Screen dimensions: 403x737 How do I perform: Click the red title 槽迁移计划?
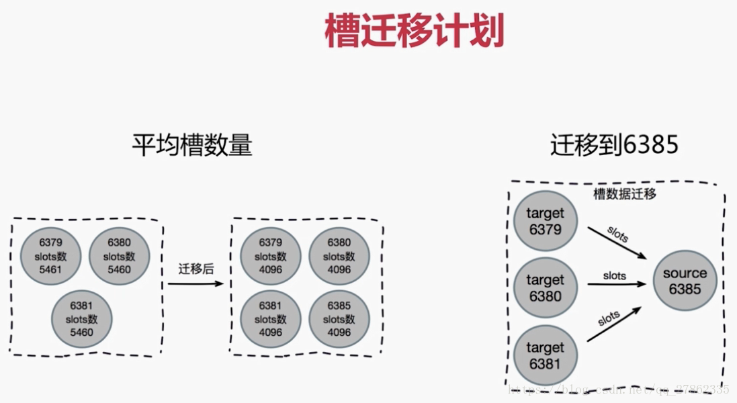tap(414, 32)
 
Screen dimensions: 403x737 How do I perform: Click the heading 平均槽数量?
tap(191, 145)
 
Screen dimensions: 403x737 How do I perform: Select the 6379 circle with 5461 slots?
tap(49, 256)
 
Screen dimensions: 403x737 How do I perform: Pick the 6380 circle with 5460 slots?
tap(118, 256)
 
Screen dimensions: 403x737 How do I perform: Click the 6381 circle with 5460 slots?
tap(82, 318)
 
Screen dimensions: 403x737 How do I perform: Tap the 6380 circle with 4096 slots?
tap(339, 256)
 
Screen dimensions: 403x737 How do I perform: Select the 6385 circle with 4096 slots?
tap(339, 318)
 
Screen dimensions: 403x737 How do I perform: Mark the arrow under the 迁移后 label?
tap(196, 284)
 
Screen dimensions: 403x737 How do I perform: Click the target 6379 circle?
tap(545, 222)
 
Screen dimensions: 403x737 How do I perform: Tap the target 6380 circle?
tap(545, 287)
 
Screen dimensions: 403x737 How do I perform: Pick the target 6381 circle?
tap(545, 355)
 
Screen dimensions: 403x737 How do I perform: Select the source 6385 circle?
tap(685, 281)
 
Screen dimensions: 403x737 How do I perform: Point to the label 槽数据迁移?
tap(624, 195)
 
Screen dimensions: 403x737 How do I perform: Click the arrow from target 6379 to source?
tap(616, 242)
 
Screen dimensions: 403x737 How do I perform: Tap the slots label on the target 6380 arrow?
tap(614, 276)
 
